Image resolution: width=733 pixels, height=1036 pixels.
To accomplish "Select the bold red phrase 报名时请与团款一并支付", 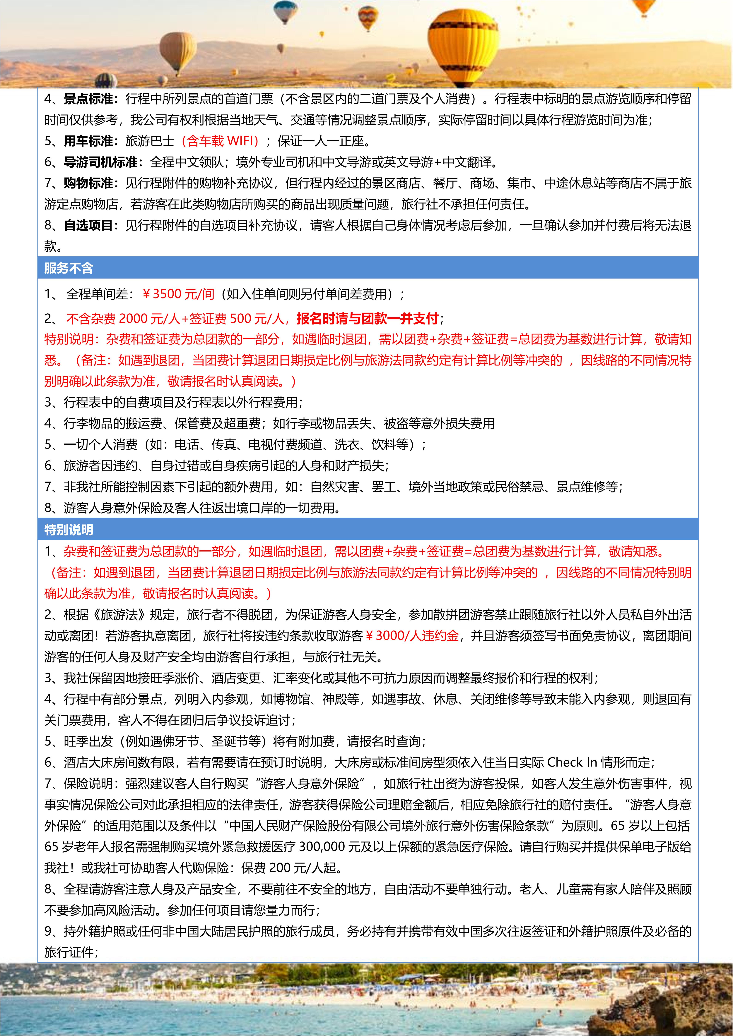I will point(367,319).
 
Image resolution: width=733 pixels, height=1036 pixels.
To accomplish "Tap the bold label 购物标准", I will point(90,183).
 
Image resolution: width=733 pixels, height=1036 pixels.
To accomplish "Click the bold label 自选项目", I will point(90,225).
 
